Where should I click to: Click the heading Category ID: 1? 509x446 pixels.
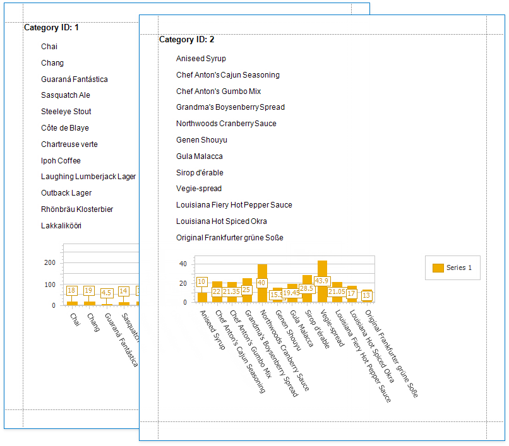(x=51, y=28)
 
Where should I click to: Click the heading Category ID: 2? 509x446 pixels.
(x=186, y=40)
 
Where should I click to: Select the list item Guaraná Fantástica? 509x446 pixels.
(x=74, y=79)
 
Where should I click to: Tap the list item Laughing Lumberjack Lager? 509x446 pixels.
(x=88, y=177)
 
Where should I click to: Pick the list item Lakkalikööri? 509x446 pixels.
(x=61, y=226)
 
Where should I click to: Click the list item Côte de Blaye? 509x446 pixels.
(x=65, y=128)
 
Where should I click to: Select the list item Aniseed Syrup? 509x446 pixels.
(x=201, y=59)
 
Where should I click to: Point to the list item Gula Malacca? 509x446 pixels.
(x=199, y=156)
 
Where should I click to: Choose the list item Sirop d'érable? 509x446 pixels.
(x=200, y=173)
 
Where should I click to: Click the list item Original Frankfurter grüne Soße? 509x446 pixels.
(x=229, y=238)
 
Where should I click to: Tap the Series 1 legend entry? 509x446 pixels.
(x=452, y=268)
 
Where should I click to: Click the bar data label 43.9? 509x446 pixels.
(x=322, y=281)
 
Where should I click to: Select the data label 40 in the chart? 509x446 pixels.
(x=261, y=283)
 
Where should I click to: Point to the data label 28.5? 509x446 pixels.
(x=307, y=288)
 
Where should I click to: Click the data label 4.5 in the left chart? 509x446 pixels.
(x=107, y=293)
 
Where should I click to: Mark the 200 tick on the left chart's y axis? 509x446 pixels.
(x=50, y=262)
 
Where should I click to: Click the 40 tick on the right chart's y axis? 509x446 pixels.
(x=183, y=264)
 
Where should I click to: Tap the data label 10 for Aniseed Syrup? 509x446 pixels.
(x=202, y=282)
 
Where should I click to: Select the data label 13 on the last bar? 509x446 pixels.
(x=366, y=295)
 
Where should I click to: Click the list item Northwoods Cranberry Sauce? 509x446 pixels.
(x=226, y=124)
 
